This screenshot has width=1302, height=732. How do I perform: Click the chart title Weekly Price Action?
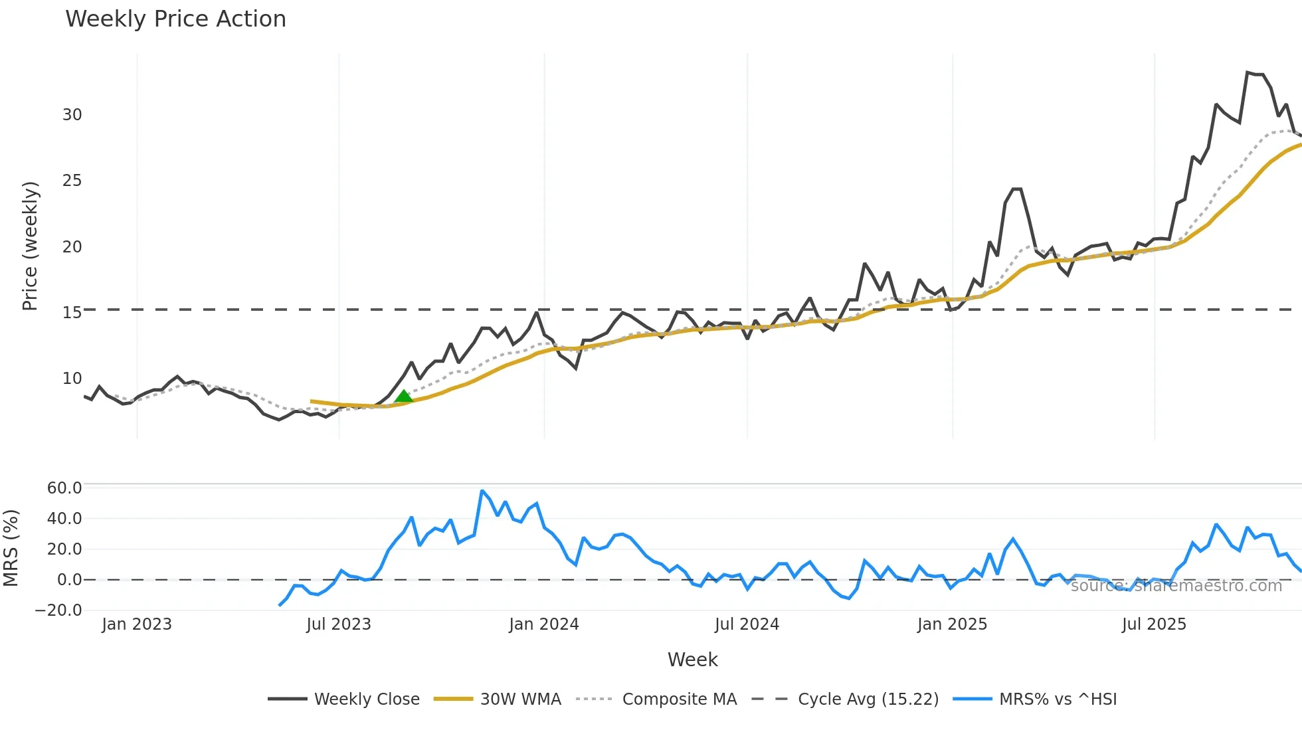pos(175,19)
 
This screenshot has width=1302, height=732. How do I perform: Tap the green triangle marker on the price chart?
pos(403,397)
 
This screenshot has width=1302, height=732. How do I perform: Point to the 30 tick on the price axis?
pos(72,115)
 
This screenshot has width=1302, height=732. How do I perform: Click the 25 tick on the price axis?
pos(72,181)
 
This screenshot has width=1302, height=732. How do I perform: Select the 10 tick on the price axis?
pos(72,379)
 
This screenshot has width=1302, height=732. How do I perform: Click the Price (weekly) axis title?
pos(31,246)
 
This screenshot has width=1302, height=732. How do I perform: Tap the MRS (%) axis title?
pos(11,548)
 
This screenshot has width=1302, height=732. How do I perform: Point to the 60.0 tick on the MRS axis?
pos(64,488)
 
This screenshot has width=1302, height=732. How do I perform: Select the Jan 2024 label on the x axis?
pos(544,624)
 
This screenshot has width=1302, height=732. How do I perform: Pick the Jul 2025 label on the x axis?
pos(1154,624)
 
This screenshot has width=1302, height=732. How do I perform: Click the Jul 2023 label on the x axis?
pos(339,624)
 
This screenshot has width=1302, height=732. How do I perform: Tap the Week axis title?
pos(692,660)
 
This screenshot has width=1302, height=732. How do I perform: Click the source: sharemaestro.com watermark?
pos(1176,586)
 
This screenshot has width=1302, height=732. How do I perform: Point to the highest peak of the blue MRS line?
pos(482,492)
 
